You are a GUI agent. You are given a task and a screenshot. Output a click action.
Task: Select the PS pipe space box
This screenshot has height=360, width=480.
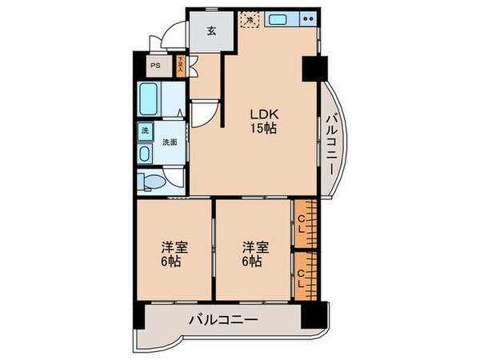tap(155, 66)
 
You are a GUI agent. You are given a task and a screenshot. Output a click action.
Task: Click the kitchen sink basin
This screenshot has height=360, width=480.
tap(280, 18)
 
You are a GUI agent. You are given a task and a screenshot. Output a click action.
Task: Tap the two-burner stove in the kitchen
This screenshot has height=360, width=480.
tap(307, 18)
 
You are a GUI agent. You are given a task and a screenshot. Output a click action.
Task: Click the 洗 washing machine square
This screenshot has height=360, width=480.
tap(146, 130)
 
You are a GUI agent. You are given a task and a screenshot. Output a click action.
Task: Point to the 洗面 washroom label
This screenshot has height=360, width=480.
tap(170, 142)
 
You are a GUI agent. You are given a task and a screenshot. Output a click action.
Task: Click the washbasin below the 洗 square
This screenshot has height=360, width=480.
tap(145, 152)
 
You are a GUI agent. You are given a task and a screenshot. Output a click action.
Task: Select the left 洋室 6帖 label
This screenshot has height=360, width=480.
tap(174, 254)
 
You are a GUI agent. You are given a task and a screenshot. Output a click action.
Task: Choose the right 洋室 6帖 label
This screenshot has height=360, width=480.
tap(251, 254)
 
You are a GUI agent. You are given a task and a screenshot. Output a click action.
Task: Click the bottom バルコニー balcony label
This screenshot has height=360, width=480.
tap(223, 321)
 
